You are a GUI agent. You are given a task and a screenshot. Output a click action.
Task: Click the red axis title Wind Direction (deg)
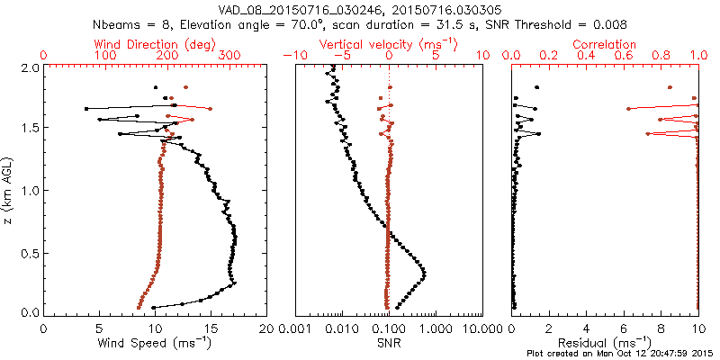[156, 43]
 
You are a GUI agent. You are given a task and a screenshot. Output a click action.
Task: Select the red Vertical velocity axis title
[389, 43]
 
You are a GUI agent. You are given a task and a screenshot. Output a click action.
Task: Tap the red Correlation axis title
[606, 43]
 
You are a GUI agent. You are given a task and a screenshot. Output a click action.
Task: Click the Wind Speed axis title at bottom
[156, 342]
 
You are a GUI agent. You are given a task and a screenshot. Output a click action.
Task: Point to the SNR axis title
[389, 342]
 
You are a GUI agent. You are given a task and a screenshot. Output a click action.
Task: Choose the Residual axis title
[606, 342]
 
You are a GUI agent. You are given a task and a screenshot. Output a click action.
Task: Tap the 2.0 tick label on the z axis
[30, 67]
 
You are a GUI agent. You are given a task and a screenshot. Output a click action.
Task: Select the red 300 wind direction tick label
[229, 55]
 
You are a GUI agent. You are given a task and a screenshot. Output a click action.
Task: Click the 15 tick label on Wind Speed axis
[211, 328]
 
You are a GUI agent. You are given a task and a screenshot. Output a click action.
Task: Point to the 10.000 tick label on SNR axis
[481, 328]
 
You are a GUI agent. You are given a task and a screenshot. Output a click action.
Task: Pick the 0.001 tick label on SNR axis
[296, 328]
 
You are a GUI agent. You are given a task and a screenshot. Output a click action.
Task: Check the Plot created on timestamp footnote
[621, 354]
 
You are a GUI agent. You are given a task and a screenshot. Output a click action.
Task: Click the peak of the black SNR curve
[424, 274]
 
